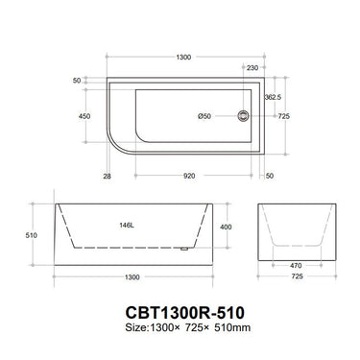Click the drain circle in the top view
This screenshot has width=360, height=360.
pos(243,117)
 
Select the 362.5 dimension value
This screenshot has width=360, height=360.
pos(273,97)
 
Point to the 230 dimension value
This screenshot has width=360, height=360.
pos(252,67)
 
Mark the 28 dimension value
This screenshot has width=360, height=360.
pos(107,176)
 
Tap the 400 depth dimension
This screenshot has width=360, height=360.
pos(225,227)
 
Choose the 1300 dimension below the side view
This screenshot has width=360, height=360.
pos(132,276)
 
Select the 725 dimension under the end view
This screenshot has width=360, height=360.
pos(299,276)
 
